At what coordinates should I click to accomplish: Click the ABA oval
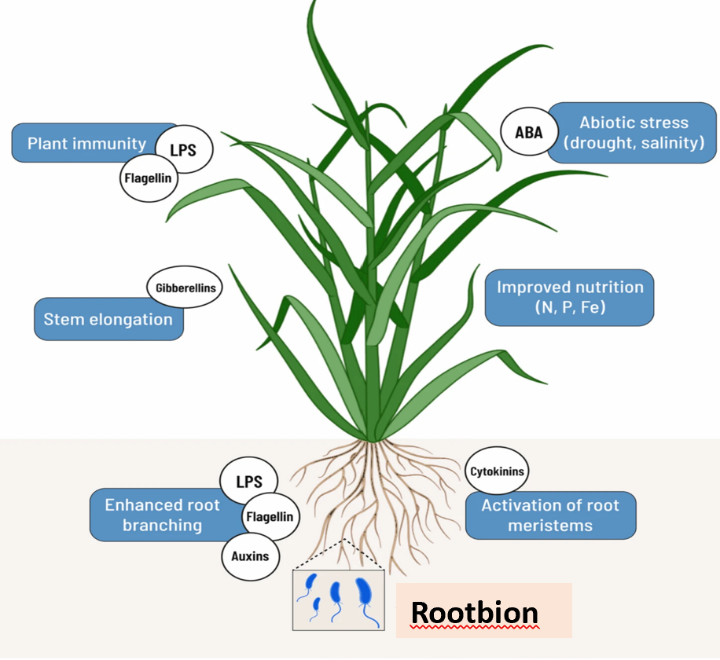tap(528, 133)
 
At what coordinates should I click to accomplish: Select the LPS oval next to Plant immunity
tap(183, 148)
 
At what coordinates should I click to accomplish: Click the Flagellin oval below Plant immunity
tap(148, 178)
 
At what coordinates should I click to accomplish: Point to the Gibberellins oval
tap(184, 288)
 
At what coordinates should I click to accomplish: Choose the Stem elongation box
tap(108, 320)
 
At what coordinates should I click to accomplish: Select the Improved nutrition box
tap(569, 297)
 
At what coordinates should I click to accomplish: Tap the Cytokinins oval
tap(498, 472)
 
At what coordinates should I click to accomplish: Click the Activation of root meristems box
tap(550, 516)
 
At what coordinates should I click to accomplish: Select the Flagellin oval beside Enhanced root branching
tap(269, 516)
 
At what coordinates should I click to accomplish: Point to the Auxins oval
tap(250, 556)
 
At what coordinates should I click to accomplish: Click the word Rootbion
tap(475, 613)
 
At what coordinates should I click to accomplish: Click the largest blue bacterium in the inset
tap(364, 595)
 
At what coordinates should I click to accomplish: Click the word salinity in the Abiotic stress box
tap(673, 144)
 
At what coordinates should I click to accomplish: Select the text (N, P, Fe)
tap(569, 308)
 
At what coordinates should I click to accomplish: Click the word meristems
tap(550, 526)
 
